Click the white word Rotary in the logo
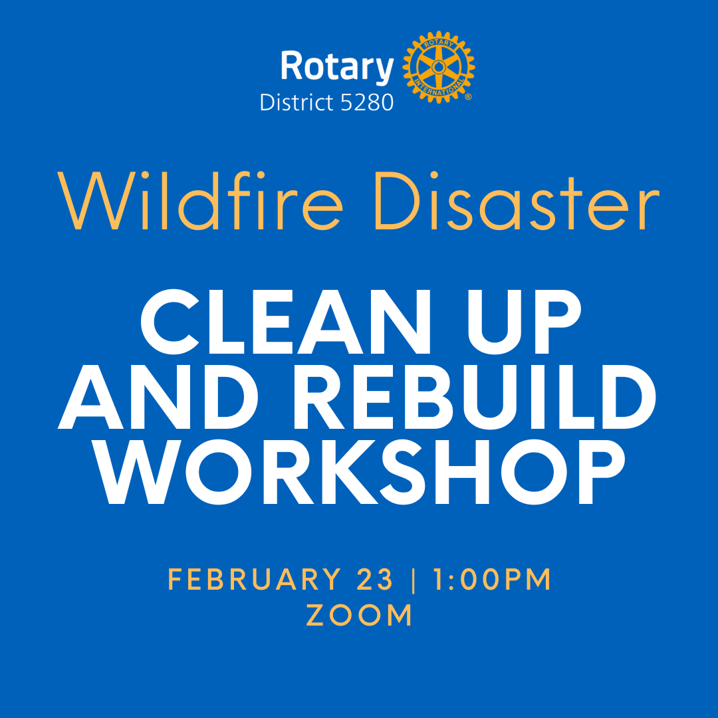pos(337,67)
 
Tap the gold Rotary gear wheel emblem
pos(439,67)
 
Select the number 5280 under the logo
pos(367,102)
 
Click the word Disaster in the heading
pos(517,201)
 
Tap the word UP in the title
pos(525,322)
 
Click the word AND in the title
pos(158,396)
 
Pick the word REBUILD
pos(475,397)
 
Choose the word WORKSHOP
pos(359,471)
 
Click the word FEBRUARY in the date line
pos(255,579)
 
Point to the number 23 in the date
pos(374,579)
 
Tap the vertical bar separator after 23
pos(414,580)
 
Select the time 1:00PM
pos(492,579)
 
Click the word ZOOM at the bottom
pos(360,615)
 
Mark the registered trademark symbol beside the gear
pos(468,96)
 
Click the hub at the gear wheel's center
pos(439,67)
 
